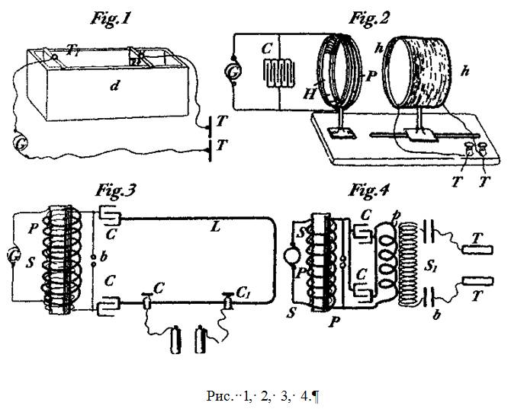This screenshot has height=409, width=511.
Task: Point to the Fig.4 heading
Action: click(x=372, y=191)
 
